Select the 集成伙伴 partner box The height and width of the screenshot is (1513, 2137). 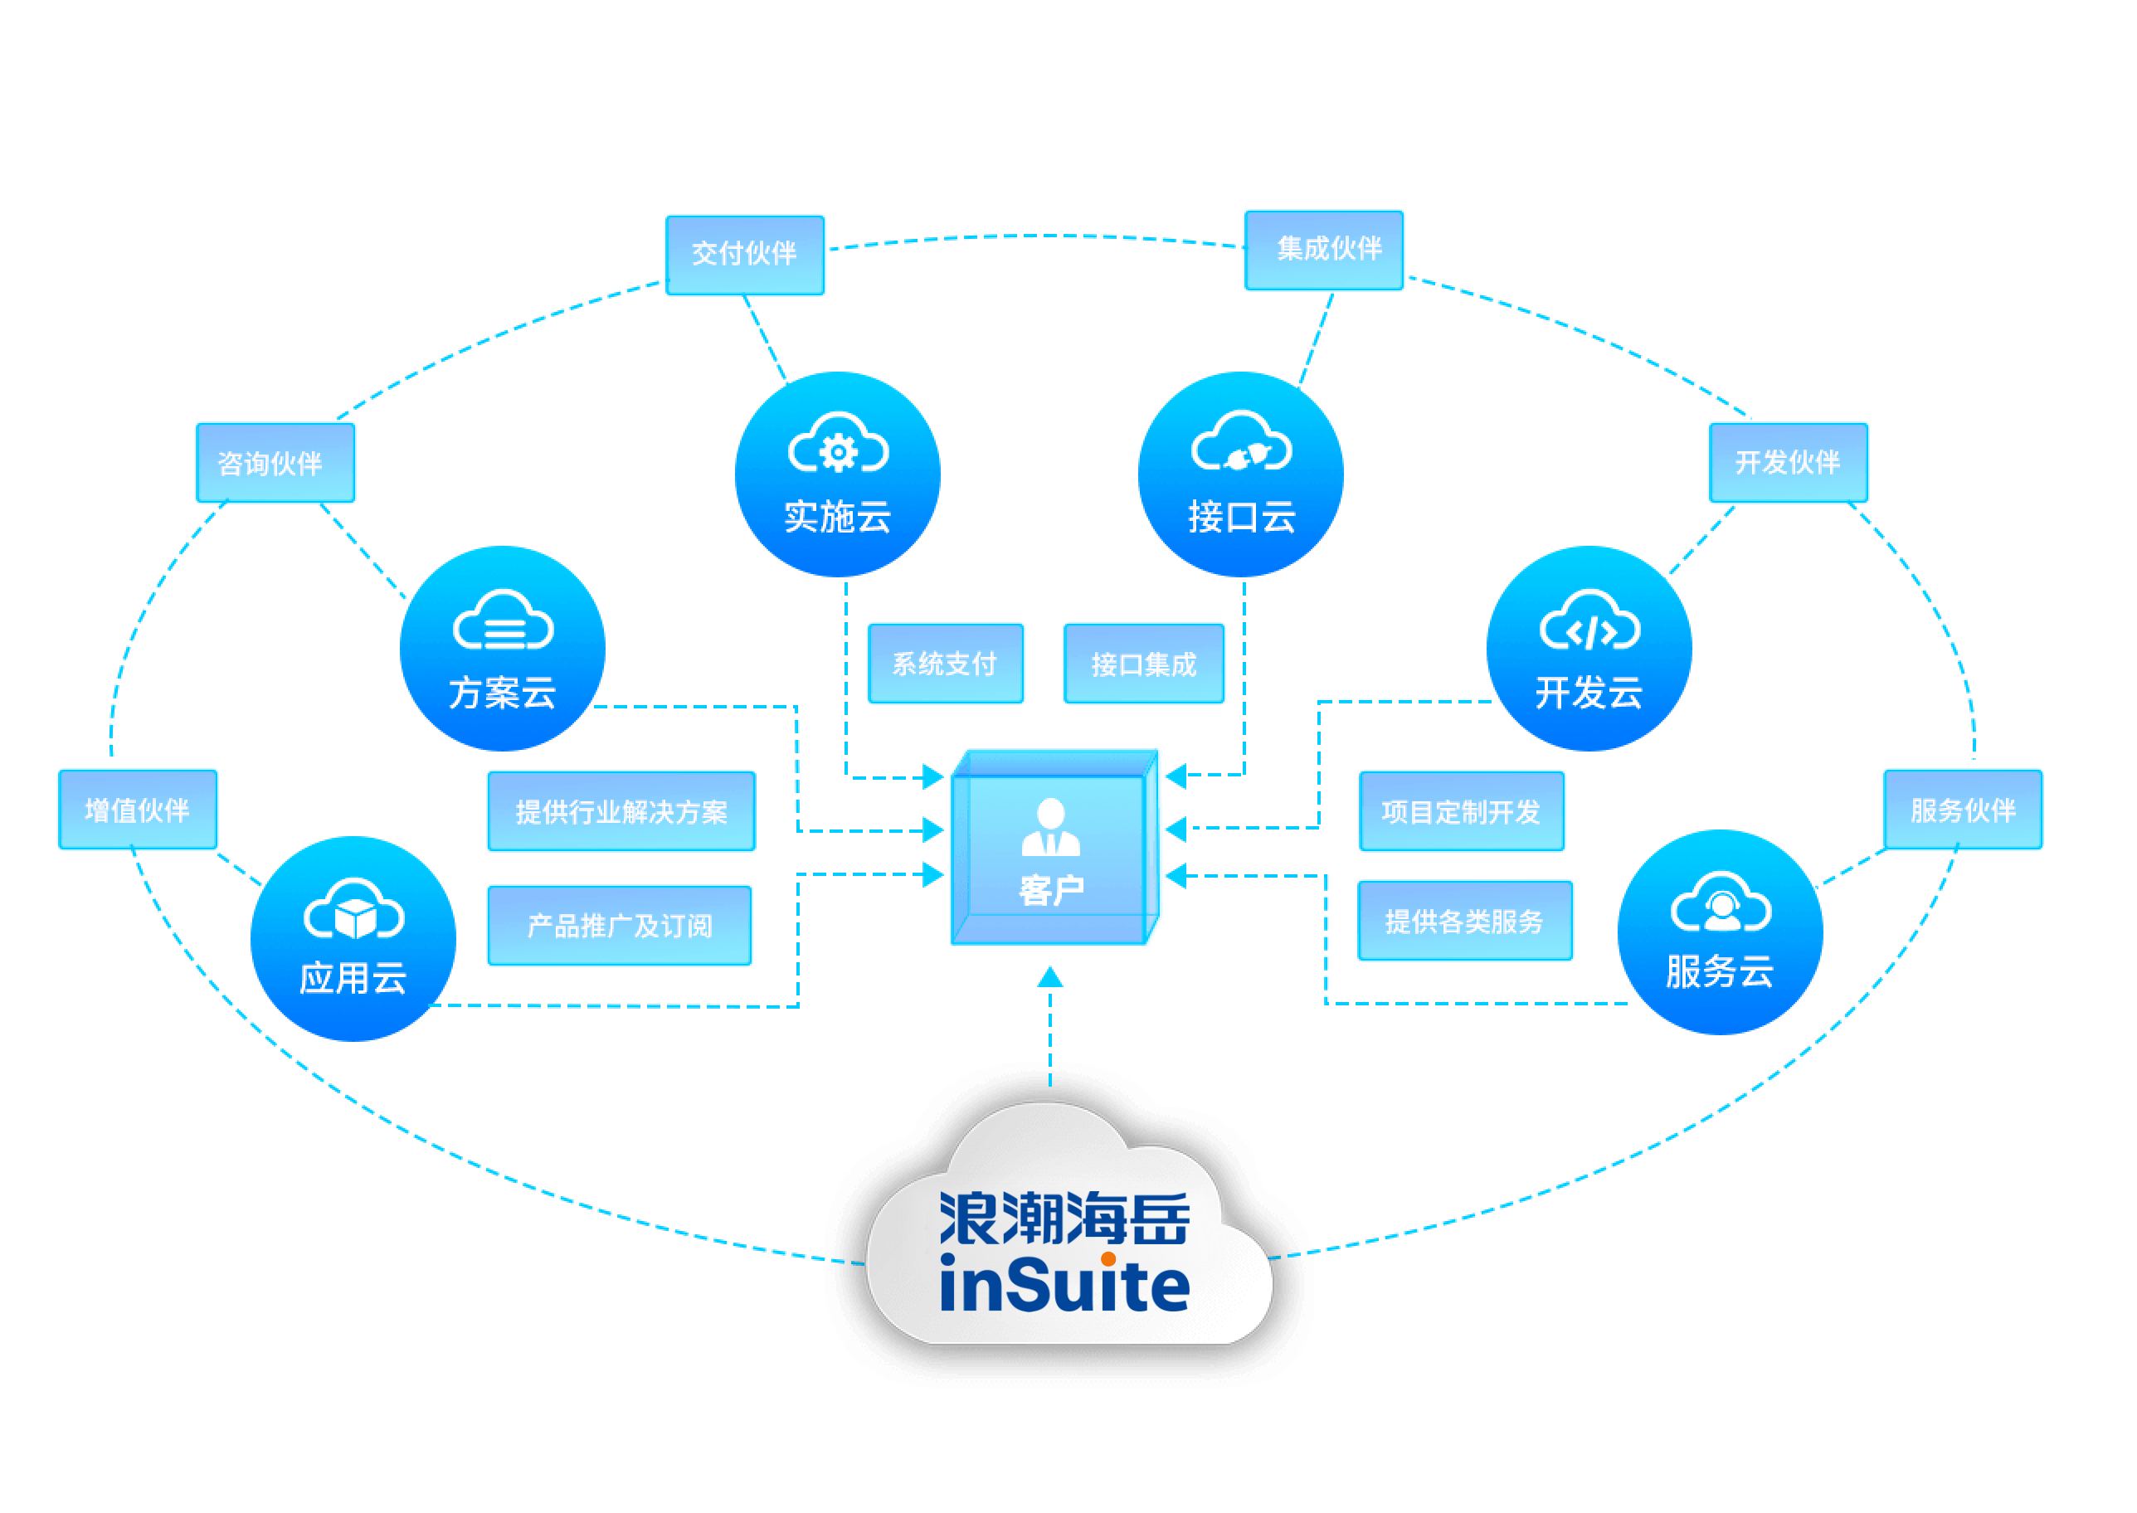pyautogui.click(x=1324, y=250)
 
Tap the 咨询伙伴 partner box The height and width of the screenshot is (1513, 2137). pyautogui.click(x=275, y=463)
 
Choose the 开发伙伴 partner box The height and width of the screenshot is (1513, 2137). pyautogui.click(x=1788, y=462)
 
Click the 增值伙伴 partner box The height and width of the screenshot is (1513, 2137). pyautogui.click(x=138, y=810)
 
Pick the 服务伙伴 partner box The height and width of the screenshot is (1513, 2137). pyautogui.click(x=1963, y=810)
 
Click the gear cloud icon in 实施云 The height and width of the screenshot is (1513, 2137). pyautogui.click(x=839, y=447)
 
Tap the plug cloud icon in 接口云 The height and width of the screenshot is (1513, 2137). pyautogui.click(x=1241, y=447)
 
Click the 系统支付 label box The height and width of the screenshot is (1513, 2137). pyautogui.click(x=946, y=664)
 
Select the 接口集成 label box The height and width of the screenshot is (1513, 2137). pyautogui.click(x=1144, y=664)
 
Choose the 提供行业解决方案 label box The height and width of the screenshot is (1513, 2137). pyautogui.click(x=621, y=811)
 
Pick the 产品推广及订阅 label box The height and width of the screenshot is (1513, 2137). pyautogui.click(x=620, y=925)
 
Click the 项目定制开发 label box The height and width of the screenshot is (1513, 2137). pyautogui.click(x=1461, y=811)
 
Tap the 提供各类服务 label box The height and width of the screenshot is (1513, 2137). pyautogui.click(x=1464, y=922)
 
